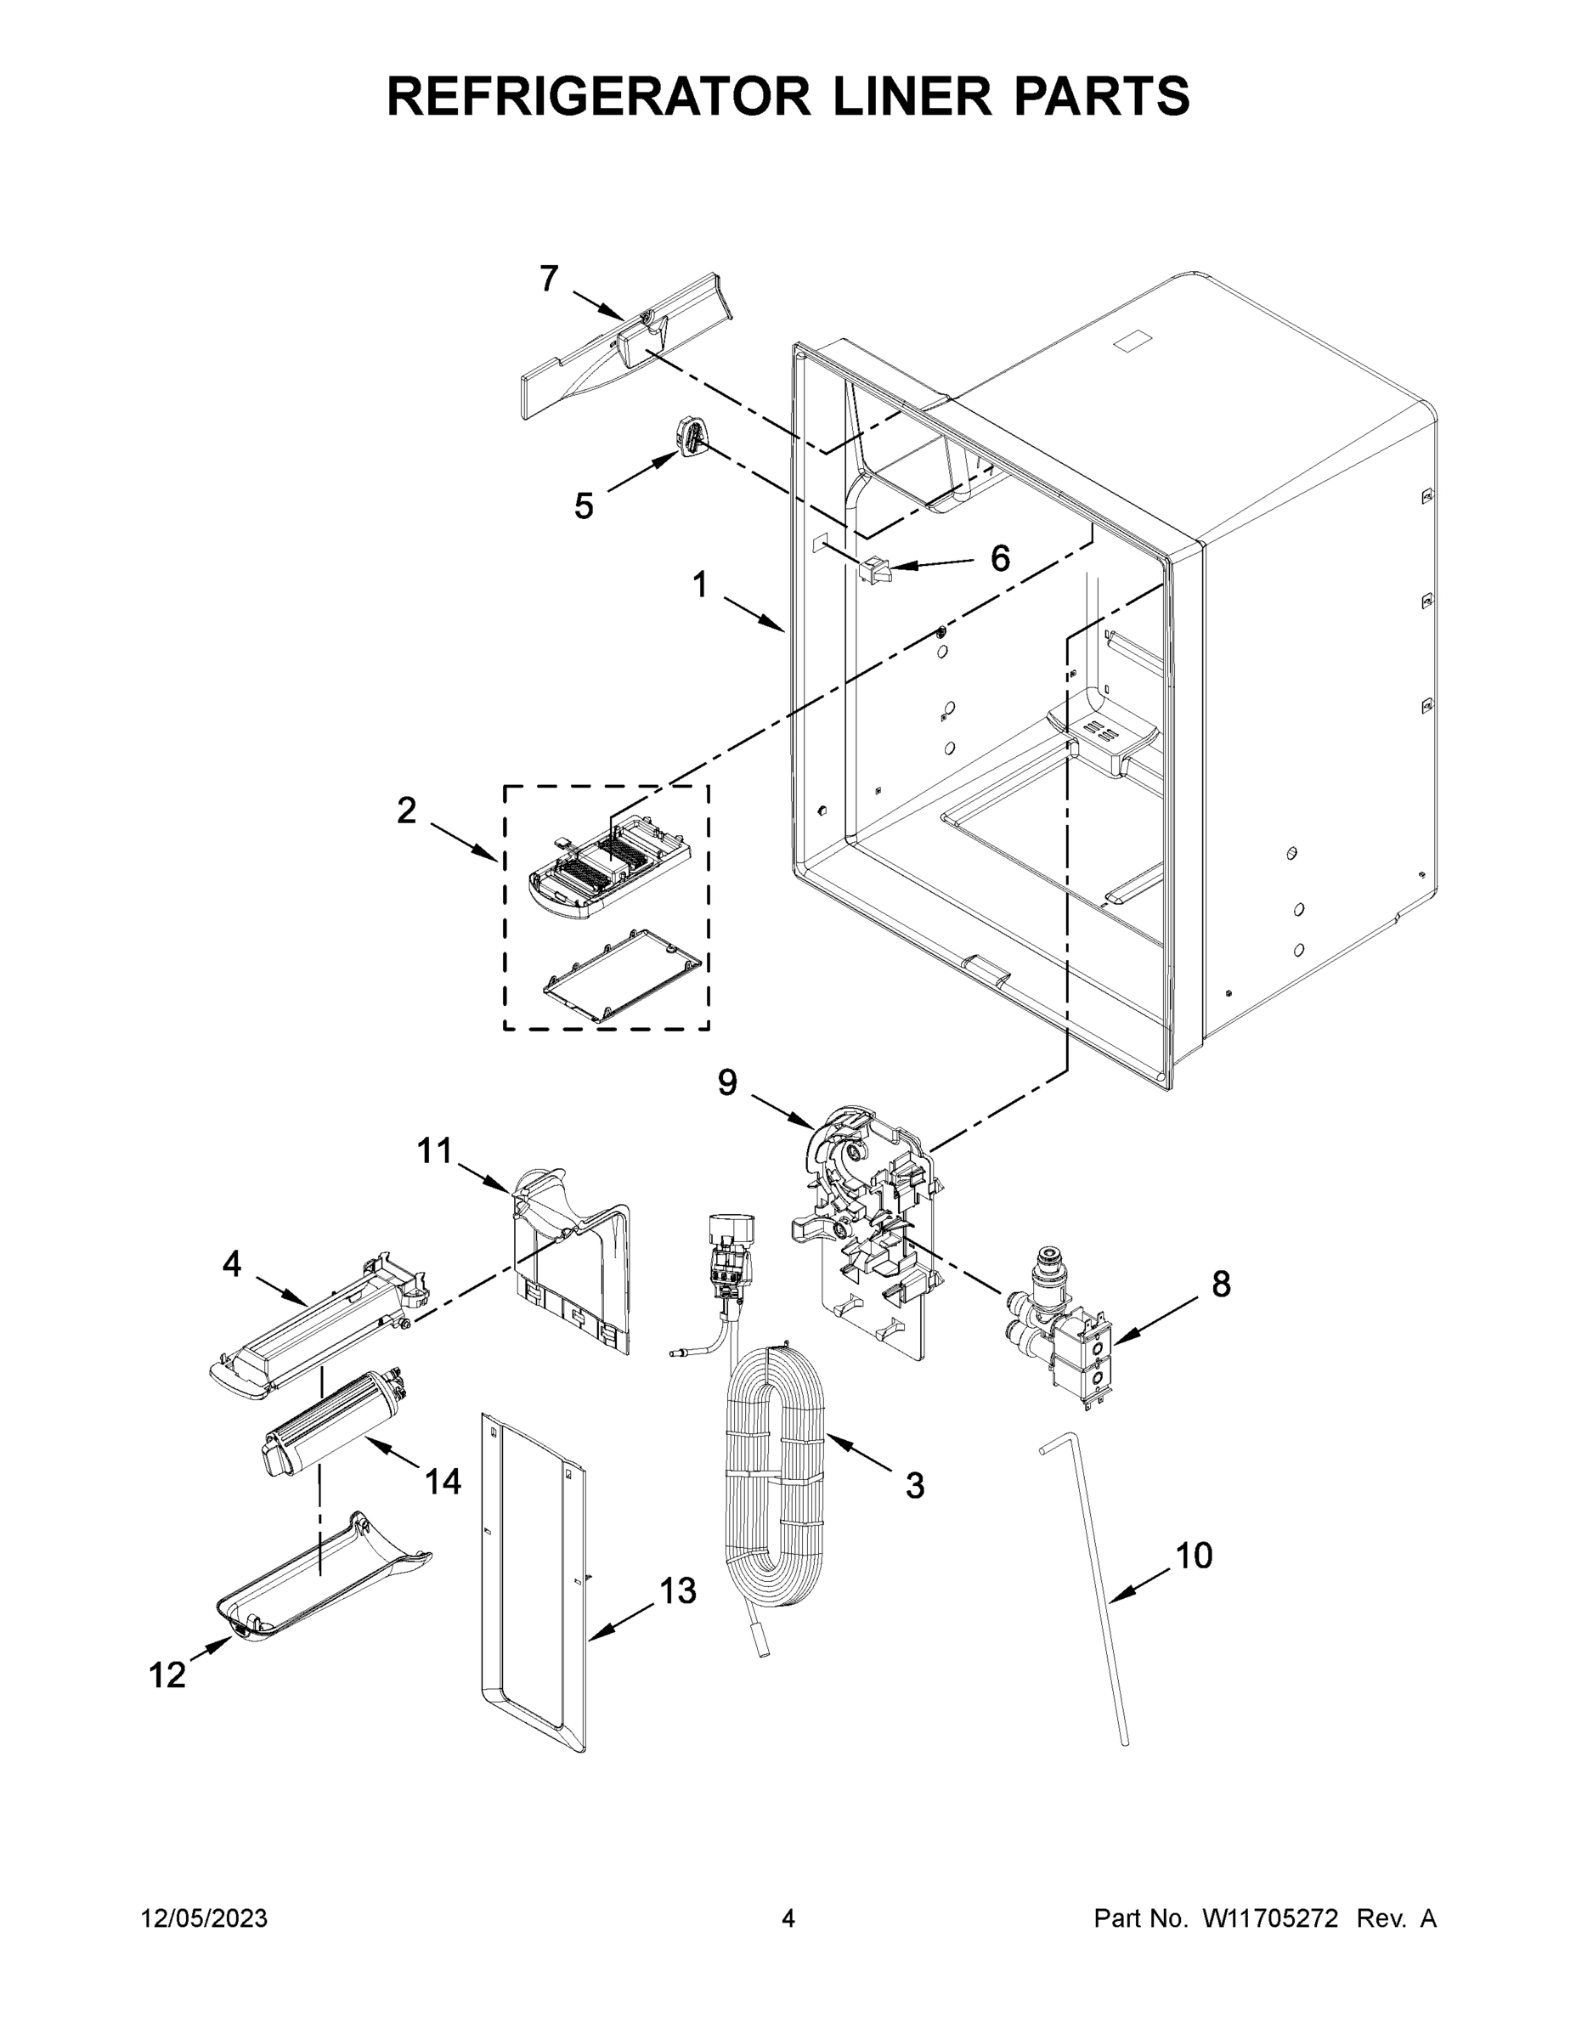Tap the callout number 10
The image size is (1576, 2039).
pyautogui.click(x=1193, y=1556)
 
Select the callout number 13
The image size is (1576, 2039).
pyautogui.click(x=678, y=1591)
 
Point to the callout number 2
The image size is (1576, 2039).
pyautogui.click(x=406, y=811)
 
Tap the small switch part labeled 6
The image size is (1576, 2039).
pyautogui.click(x=876, y=568)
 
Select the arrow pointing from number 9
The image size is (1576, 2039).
pyautogui.click(x=782, y=1111)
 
